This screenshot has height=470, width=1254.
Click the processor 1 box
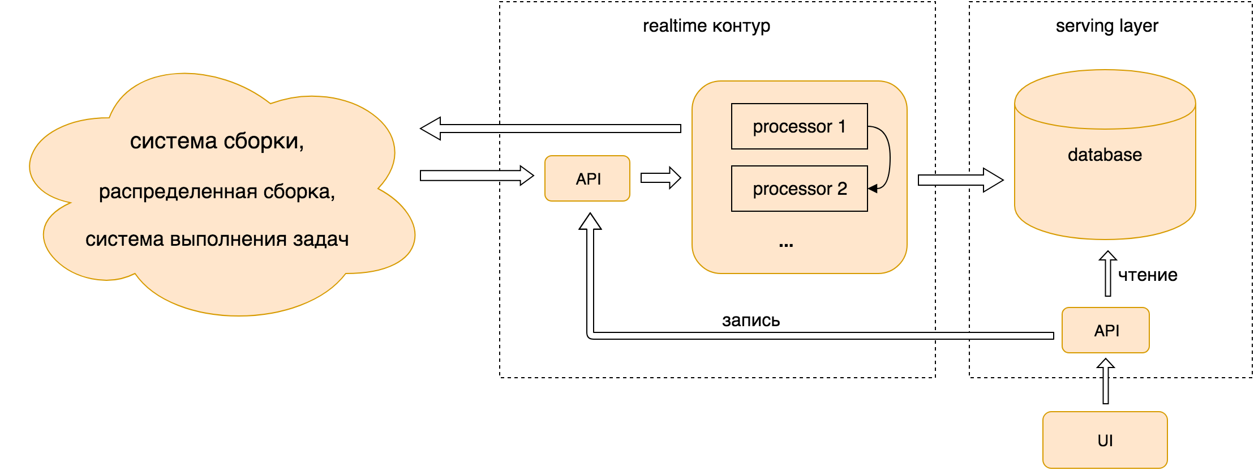point(799,126)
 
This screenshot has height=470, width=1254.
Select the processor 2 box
point(799,189)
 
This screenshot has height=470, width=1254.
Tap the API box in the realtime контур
point(587,178)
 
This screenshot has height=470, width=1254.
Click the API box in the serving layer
point(1106,330)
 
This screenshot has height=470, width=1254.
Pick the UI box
point(1105,440)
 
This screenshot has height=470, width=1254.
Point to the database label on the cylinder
point(1105,155)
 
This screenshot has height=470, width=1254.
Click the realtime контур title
point(706,25)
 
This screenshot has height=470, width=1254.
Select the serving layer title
point(1107,25)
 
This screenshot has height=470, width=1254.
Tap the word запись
point(751,321)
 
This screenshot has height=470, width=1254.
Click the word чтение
point(1148,275)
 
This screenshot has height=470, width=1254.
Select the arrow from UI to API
point(1106,381)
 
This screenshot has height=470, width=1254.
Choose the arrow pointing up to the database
point(1108,274)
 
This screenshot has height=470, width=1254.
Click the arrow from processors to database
point(960,180)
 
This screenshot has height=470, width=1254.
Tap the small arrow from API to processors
point(660,178)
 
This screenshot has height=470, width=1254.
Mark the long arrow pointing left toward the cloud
point(550,129)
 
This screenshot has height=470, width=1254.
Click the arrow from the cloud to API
point(476,176)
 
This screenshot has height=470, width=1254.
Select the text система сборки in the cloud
point(217,141)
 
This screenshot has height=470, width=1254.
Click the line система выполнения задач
point(217,240)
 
